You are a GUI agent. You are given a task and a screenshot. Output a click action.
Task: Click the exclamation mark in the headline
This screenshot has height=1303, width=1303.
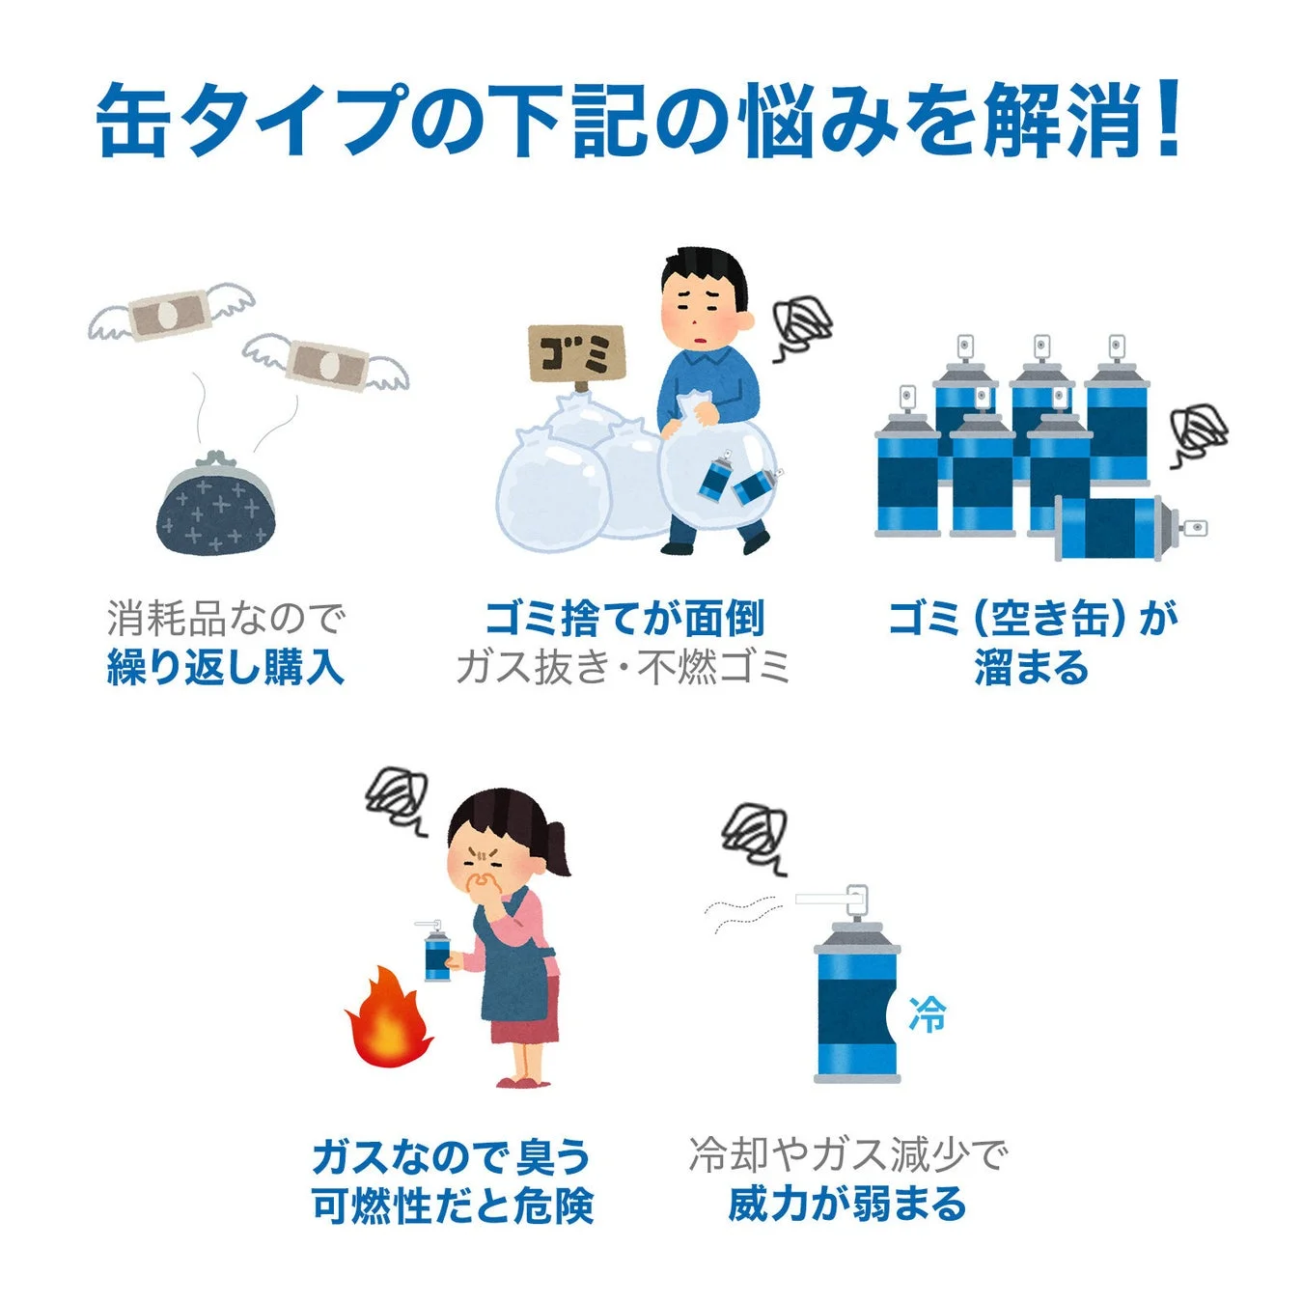coord(1169,120)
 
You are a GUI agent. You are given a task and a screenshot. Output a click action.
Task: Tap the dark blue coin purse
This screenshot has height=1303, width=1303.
coord(215,506)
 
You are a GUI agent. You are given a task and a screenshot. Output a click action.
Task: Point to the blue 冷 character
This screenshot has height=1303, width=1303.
coord(928,1014)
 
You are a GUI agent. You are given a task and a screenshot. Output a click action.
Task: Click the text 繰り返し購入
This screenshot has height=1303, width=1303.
coord(225,668)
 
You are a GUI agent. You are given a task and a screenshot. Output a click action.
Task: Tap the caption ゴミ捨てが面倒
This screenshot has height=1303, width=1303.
coord(624,618)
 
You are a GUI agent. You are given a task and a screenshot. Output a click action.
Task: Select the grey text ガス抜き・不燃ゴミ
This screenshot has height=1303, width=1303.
coord(624,668)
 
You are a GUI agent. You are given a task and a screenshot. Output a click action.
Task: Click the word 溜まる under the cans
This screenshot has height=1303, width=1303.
coord(1032,668)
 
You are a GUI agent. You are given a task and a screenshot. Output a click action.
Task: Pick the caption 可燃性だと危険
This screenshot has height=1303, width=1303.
coord(452,1206)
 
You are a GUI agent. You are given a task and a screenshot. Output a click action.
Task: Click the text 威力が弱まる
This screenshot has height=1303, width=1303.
coord(846,1205)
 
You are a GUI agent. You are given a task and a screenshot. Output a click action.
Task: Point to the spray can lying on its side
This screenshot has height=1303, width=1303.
coord(1120,528)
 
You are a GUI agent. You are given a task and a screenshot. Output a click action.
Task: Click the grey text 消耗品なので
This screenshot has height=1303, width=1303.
coord(225,619)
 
